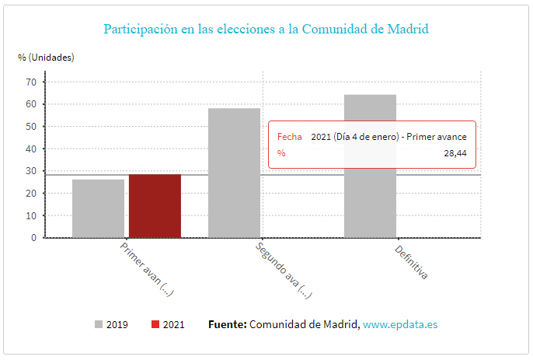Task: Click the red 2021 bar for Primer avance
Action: [x=155, y=206]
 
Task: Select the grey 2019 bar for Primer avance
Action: [x=98, y=208]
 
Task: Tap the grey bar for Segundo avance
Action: [x=234, y=173]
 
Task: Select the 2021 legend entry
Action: [x=168, y=324]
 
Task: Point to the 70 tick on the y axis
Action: [x=32, y=82]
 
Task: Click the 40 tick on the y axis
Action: [x=32, y=149]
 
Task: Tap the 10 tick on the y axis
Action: [x=32, y=215]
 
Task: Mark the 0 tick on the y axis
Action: [x=34, y=238]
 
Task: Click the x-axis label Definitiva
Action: [x=411, y=262]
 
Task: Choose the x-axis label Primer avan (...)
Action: [x=146, y=268]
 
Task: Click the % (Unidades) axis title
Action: [x=46, y=58]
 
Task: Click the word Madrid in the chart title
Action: [x=409, y=30]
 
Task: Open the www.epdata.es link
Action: [x=400, y=324]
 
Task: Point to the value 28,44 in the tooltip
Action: [x=455, y=153]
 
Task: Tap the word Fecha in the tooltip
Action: [x=290, y=136]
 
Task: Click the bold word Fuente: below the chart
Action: [x=227, y=324]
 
